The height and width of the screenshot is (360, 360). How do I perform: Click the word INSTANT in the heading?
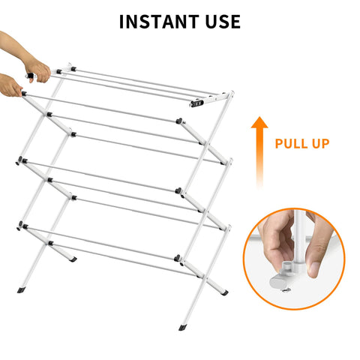pos(159,22)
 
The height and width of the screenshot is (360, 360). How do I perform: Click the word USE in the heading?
pos(223,22)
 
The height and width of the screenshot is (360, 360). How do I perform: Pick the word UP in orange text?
pos(321,143)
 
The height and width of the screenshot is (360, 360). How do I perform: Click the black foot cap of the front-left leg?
pos(20,290)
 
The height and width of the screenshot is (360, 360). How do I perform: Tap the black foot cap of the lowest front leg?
pos(183,327)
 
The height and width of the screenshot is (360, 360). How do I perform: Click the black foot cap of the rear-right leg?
pos(224,292)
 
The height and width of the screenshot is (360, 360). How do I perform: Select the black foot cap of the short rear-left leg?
pos(73,259)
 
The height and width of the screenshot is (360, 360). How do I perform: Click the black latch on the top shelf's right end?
pos(196,103)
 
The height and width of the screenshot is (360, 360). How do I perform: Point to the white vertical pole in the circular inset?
pos(299,240)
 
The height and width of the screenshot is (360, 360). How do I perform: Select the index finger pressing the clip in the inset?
pos(276,240)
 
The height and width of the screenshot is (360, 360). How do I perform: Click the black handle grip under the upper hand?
pos(30,76)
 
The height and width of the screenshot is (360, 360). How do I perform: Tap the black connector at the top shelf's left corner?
pos(59,72)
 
